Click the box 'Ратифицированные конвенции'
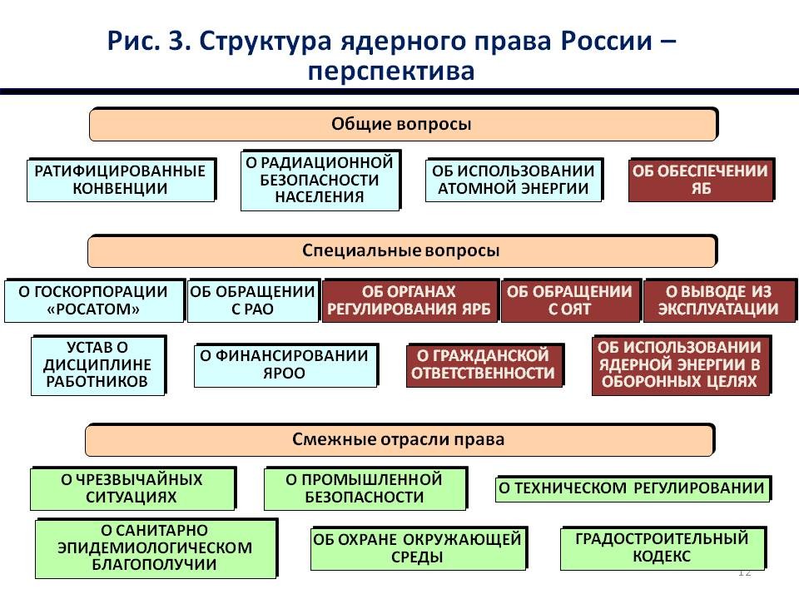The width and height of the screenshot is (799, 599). coord(122,180)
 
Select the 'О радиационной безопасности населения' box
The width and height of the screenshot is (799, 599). coord(320,180)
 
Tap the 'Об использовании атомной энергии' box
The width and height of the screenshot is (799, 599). coord(514,180)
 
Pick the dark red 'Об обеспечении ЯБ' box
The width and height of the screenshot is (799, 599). coord(702,180)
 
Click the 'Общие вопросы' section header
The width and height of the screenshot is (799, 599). coord(403,124)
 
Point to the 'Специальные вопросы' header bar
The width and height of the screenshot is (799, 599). coord(402,250)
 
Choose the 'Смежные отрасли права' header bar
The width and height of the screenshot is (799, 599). coord(400,439)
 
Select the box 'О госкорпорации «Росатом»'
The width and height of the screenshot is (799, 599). coord(94,300)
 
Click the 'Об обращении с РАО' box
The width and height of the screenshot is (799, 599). coord(253,300)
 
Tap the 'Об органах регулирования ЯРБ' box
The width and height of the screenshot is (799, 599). coord(409,300)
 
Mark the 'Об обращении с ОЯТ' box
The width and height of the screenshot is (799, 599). coord(571,300)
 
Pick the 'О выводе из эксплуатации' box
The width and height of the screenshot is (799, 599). coord(719,300)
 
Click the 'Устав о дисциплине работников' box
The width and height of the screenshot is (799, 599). coord(98,364)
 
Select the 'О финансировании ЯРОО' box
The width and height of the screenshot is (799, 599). coord(285,364)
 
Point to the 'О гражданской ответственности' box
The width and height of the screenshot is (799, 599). coord(484,364)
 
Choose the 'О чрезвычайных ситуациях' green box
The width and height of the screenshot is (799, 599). coord(133,488)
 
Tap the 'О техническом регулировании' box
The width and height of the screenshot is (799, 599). coord(633,488)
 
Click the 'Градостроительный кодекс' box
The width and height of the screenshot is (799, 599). coord(663,547)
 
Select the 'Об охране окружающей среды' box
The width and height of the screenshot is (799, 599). coord(419,547)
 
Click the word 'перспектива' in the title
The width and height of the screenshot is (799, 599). coord(391,71)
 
